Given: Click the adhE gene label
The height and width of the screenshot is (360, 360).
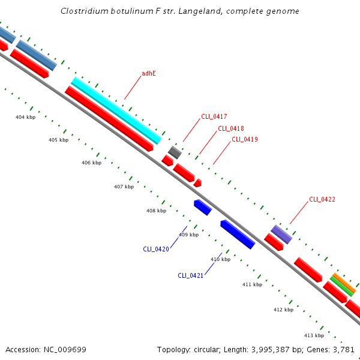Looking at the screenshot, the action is pyautogui.click(x=149, y=73).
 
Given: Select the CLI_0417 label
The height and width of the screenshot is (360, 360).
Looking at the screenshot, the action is pyautogui.click(x=214, y=116).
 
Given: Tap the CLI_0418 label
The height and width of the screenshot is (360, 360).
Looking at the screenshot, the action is pyautogui.click(x=231, y=128).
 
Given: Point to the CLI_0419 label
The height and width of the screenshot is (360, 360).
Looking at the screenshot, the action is pyautogui.click(x=245, y=139).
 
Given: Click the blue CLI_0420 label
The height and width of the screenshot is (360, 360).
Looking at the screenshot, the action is pyautogui.click(x=156, y=249).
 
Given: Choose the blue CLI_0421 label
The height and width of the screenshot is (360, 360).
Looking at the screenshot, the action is pyautogui.click(x=191, y=275).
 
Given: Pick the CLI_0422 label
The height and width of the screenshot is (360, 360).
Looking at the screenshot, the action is pyautogui.click(x=322, y=199).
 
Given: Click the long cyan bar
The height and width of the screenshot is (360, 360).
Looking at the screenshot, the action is pyautogui.click(x=116, y=110).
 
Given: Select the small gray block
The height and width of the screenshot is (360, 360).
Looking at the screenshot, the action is pyautogui.click(x=175, y=152).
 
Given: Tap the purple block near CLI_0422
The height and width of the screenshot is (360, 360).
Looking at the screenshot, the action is pyautogui.click(x=281, y=235).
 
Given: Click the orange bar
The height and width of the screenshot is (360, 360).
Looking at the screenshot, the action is pyautogui.click(x=344, y=283).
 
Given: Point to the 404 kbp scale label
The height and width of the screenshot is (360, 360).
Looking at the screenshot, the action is pyautogui.click(x=25, y=118).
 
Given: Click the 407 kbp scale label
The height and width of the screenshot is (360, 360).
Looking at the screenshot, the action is pyautogui.click(x=124, y=187).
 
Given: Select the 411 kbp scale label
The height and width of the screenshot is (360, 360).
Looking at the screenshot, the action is pyautogui.click(x=253, y=284).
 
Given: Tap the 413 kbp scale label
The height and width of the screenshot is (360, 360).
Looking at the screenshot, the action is pyautogui.click(x=314, y=335).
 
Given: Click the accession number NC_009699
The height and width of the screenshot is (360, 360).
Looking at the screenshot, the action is pyautogui.click(x=65, y=350).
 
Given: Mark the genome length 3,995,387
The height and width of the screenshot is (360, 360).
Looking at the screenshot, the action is pyautogui.click(x=271, y=350).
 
